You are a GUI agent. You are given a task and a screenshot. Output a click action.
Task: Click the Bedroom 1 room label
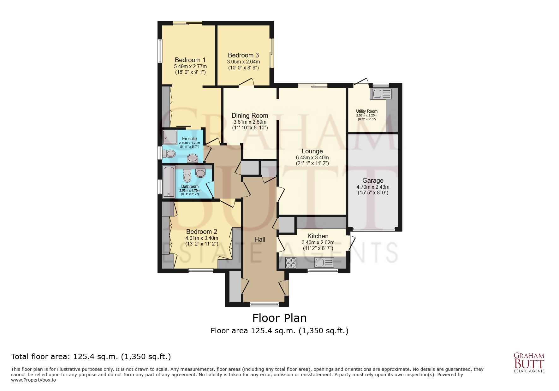pyautogui.click(x=190, y=60)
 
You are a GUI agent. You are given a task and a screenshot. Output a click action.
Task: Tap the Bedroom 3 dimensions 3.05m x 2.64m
pyautogui.click(x=243, y=62)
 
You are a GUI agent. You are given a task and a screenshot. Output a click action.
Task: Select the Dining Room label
pyautogui.click(x=250, y=116)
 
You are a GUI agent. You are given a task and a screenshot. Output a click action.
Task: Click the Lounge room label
pyautogui.click(x=312, y=151)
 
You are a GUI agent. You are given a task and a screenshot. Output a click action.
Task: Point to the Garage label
pyautogui.click(x=373, y=181)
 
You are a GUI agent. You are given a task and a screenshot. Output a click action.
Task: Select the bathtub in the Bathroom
pyautogui.click(x=168, y=182)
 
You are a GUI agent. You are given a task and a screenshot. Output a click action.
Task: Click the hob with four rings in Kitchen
pyautogui.click(x=291, y=263)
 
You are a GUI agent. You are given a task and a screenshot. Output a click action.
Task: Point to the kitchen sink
pyautogui.click(x=324, y=262)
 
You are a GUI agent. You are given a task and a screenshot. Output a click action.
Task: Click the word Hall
pyautogui.click(x=260, y=240)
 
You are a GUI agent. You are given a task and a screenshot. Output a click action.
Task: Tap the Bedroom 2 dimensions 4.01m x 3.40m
pyautogui.click(x=202, y=238)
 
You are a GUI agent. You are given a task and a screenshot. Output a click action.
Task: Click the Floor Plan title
pyautogui.click(x=279, y=317)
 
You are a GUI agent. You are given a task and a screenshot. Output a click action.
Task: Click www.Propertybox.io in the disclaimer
pyautogui.click(x=33, y=380)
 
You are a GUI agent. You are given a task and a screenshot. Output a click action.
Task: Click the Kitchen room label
pyautogui.click(x=318, y=236)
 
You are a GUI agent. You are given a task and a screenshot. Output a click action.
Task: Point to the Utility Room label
pyautogui.click(x=367, y=111)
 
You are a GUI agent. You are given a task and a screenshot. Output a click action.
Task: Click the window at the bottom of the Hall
pyautogui.click(x=264, y=304)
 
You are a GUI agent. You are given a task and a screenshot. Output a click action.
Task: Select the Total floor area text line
pyautogui.click(x=91, y=357)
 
